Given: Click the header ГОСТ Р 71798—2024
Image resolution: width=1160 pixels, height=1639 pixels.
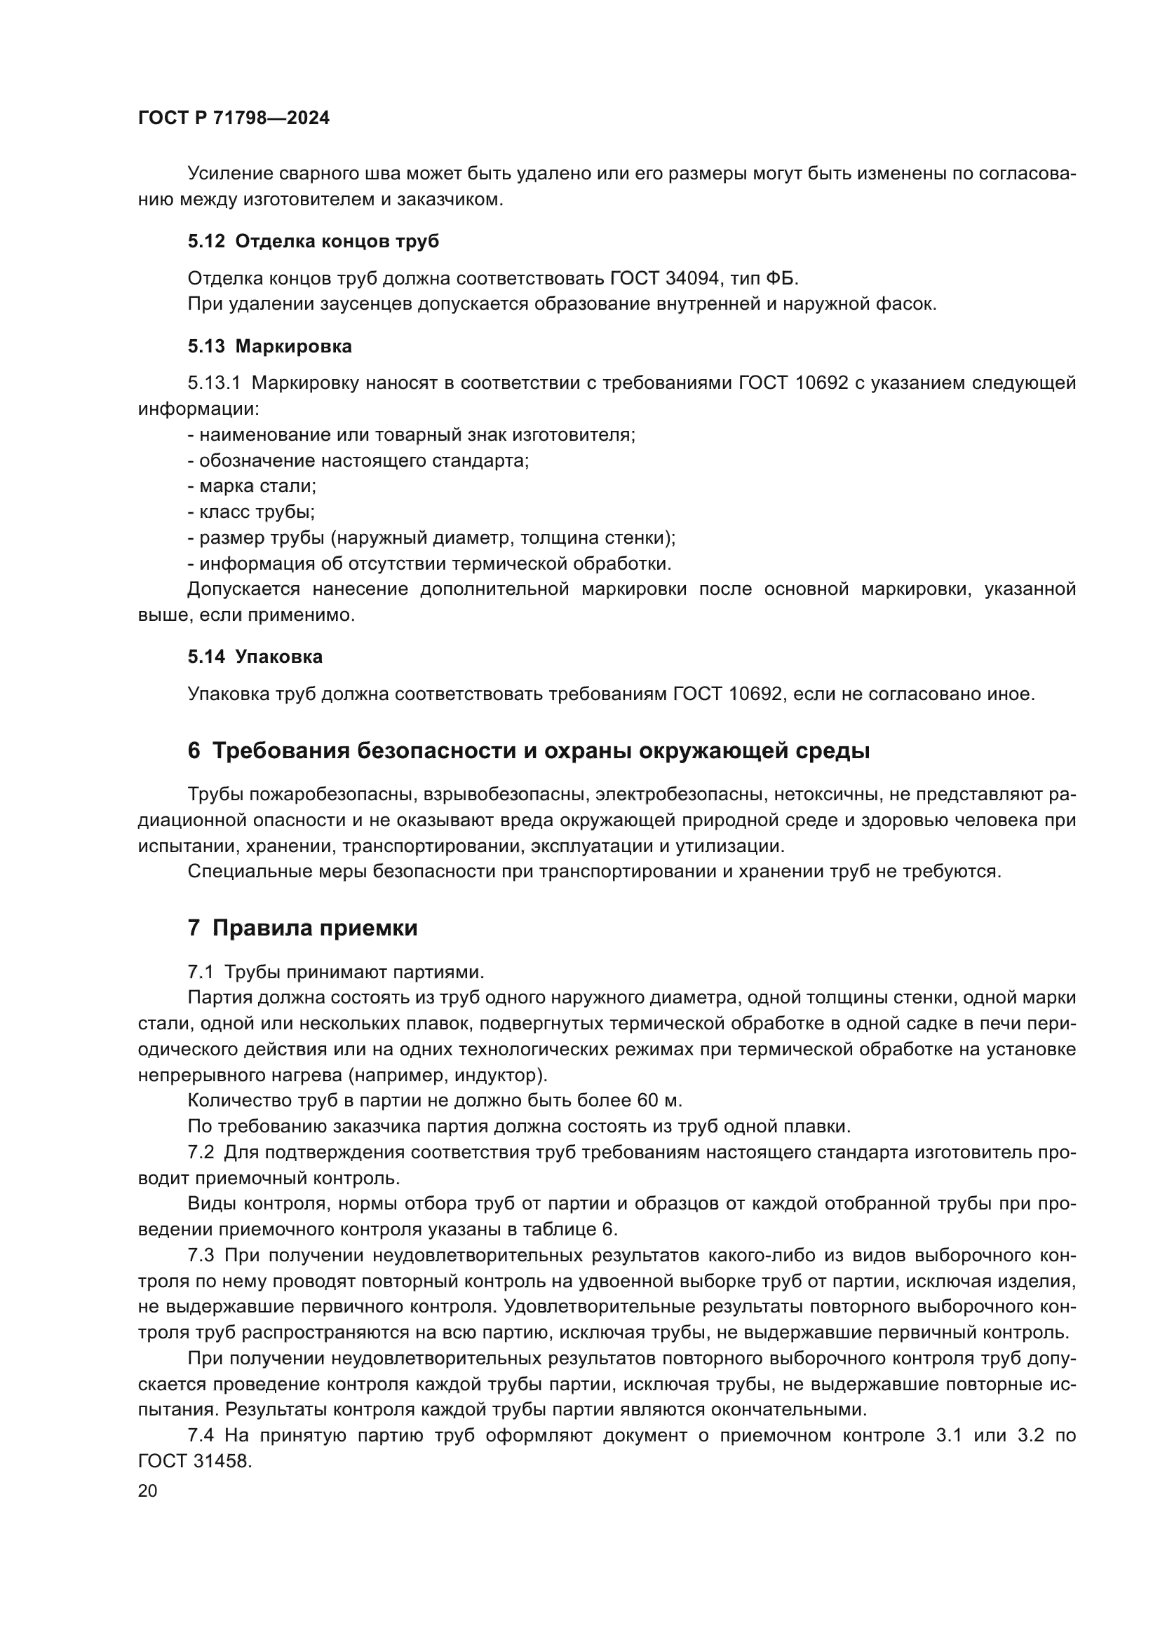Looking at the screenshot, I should pos(234,118).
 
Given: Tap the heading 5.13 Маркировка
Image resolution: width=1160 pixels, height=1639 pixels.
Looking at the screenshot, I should pos(269,346).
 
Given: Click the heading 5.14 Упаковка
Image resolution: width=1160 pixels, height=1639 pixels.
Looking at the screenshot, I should pos(255,657).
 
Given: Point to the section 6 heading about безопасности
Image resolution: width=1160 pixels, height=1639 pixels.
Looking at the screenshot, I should pos(528,751).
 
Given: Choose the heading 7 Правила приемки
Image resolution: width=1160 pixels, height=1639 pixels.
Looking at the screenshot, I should pos(302,928).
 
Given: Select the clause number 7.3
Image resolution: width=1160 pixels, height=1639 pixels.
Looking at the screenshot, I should pos(201,1255).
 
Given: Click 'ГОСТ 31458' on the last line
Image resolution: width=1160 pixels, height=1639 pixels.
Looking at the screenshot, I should pos(194,1460).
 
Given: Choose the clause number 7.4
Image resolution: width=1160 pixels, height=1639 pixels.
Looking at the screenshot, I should pos(201,1435).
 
